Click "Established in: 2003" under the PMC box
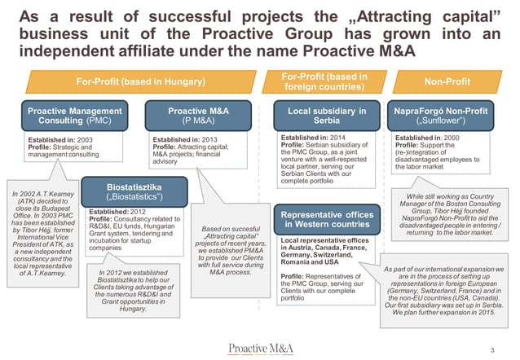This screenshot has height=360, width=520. (x=48, y=139)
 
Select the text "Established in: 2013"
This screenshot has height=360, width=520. (x=183, y=139)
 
